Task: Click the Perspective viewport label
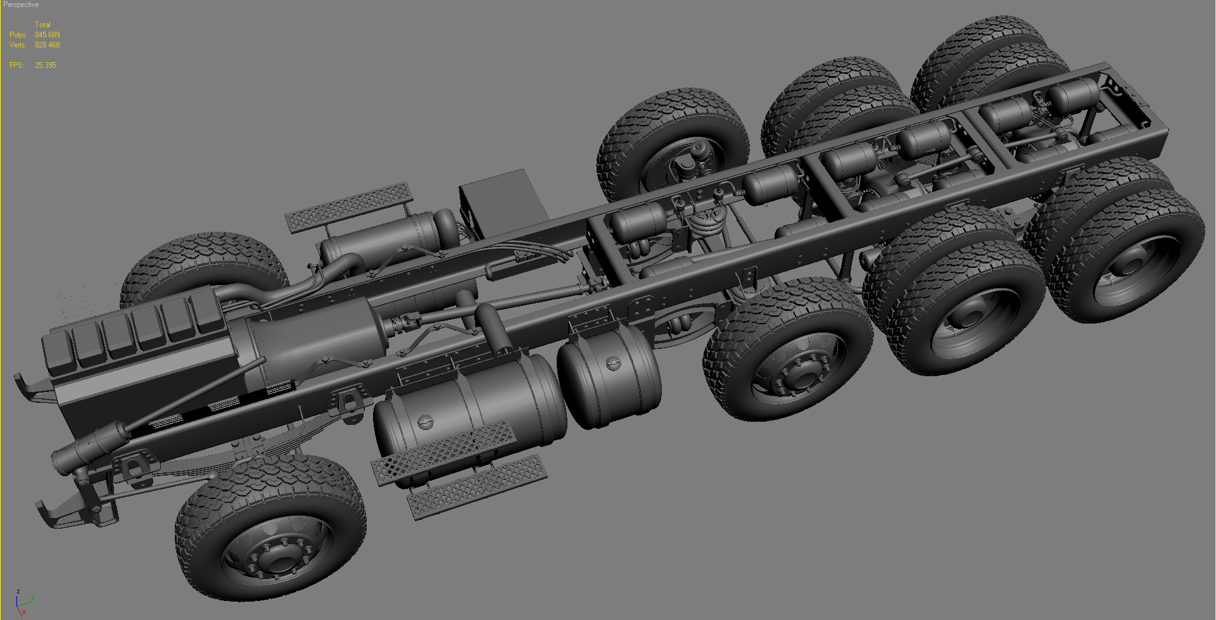(x=21, y=4)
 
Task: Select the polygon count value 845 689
(x=47, y=35)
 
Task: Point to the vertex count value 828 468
(x=47, y=45)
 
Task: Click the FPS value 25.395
(x=46, y=65)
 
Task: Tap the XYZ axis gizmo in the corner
(x=23, y=602)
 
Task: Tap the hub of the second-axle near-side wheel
(x=799, y=376)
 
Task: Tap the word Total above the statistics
(x=42, y=25)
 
